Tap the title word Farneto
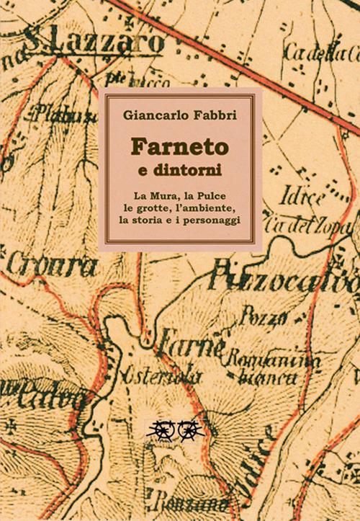[x=179, y=146]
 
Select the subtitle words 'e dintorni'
[x=179, y=171]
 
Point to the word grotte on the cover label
[x=153, y=208]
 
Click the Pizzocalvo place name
[x=284, y=280]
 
